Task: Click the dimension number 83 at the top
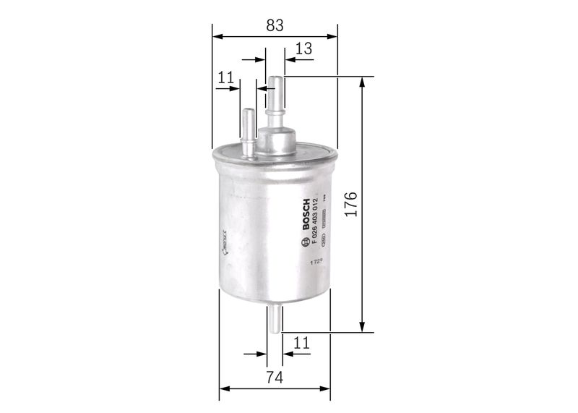[x=274, y=25]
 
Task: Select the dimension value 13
[x=304, y=49]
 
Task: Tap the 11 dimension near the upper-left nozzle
[x=225, y=77]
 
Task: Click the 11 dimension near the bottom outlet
[x=301, y=343]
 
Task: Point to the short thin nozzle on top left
[x=248, y=130]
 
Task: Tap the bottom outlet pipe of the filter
[x=275, y=318]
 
